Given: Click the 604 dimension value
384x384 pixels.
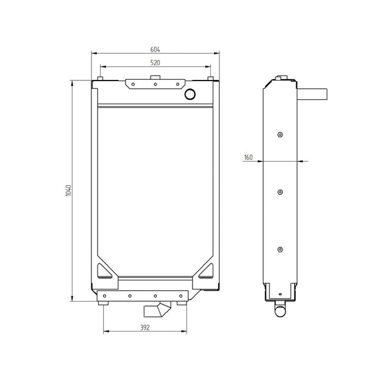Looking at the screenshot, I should tap(156, 49).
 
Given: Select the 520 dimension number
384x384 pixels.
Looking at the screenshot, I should tap(156, 63).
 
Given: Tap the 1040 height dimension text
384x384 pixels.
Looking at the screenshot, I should tap(69, 190).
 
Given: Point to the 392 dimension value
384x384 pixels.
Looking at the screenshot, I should tap(144, 327).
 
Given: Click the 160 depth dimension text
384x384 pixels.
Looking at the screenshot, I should tap(248, 157).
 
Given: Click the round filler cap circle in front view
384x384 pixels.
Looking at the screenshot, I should tap(191, 94).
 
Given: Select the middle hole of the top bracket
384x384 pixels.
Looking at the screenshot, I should tap(155, 85).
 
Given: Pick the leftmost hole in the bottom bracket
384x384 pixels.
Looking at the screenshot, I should tap(105, 296).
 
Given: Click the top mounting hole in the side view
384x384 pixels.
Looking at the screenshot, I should tap(280, 135).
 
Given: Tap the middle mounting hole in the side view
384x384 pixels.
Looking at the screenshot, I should tap(280, 192).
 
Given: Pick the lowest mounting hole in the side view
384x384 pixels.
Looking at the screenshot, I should tap(280, 249).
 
